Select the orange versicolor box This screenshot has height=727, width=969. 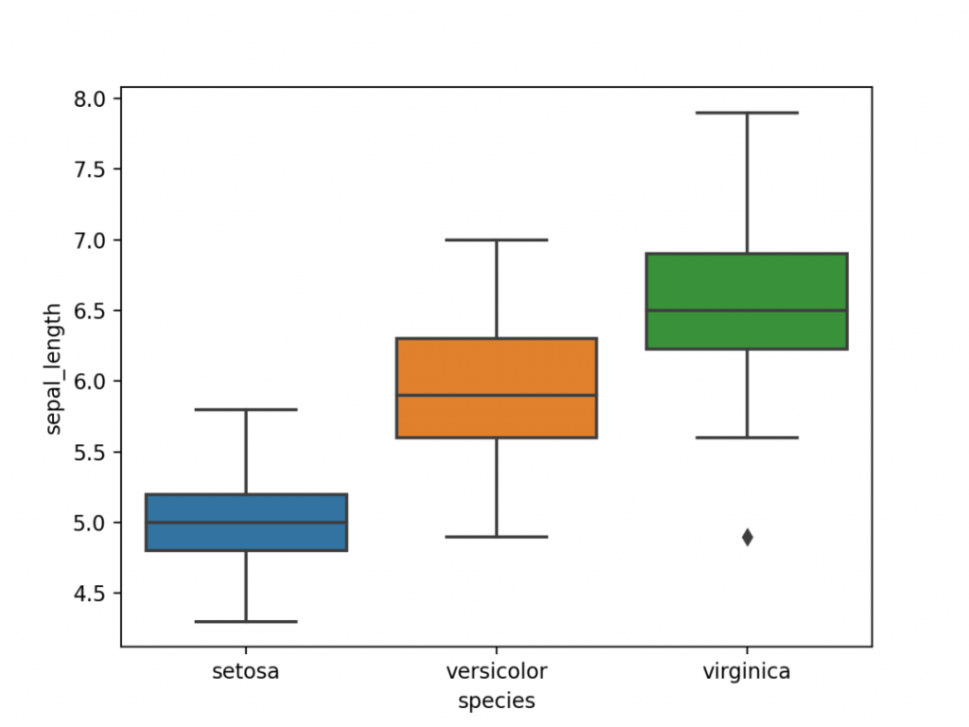tap(496, 364)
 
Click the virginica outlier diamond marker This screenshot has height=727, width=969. tap(747, 537)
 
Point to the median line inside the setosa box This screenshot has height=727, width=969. tap(246, 523)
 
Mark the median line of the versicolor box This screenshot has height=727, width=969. tap(496, 396)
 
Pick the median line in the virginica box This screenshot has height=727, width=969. tap(747, 310)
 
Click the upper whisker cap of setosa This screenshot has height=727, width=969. tap(246, 410)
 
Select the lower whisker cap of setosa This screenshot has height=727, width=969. tap(246, 621)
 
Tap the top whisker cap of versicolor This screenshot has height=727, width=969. tap(496, 240)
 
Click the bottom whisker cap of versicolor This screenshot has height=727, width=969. tap(496, 537)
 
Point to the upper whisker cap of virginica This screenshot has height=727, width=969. tap(747, 113)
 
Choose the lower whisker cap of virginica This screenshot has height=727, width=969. tap(747, 437)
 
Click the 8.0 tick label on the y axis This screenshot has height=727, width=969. tap(93, 98)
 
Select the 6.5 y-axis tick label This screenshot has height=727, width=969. tap(93, 310)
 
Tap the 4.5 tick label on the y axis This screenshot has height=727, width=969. tap(93, 594)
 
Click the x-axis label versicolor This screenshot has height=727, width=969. tap(496, 672)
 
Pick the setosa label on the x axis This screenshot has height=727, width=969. tap(246, 672)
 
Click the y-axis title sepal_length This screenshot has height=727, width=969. tap(55, 368)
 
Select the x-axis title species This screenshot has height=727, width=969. tap(496, 701)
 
